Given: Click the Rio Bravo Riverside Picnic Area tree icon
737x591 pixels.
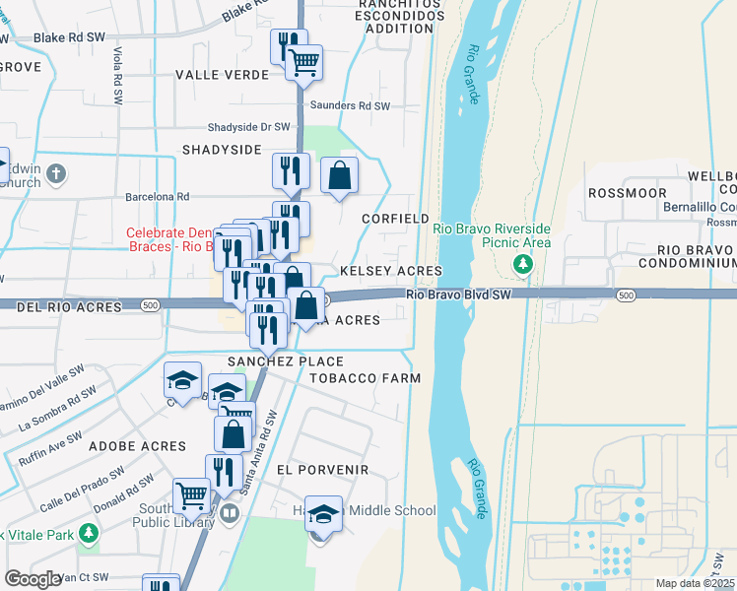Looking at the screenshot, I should pyautogui.click(x=522, y=264).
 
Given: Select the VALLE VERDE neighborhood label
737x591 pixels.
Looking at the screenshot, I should pyautogui.click(x=222, y=75).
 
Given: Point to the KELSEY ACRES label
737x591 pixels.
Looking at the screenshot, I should pyautogui.click(x=391, y=270).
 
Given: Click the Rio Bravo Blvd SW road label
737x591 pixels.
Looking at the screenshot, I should pyautogui.click(x=459, y=295).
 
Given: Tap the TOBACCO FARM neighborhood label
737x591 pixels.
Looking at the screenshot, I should pyautogui.click(x=365, y=378).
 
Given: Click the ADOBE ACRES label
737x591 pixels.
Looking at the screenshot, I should pyautogui.click(x=137, y=446).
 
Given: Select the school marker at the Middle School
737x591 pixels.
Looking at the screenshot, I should pyautogui.click(x=322, y=515).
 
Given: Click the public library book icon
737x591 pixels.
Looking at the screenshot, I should pyautogui.click(x=230, y=513).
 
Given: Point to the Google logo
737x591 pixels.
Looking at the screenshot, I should pyautogui.click(x=33, y=579).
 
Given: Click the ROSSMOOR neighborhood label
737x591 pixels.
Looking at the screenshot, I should pyautogui.click(x=626, y=193).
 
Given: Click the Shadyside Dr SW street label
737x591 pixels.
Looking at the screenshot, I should pyautogui.click(x=248, y=127).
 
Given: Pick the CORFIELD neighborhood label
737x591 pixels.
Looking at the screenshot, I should pyautogui.click(x=394, y=218).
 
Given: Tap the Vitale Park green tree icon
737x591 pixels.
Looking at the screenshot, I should pyautogui.click(x=89, y=533).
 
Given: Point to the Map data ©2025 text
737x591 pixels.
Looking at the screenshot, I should pyautogui.click(x=695, y=583).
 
